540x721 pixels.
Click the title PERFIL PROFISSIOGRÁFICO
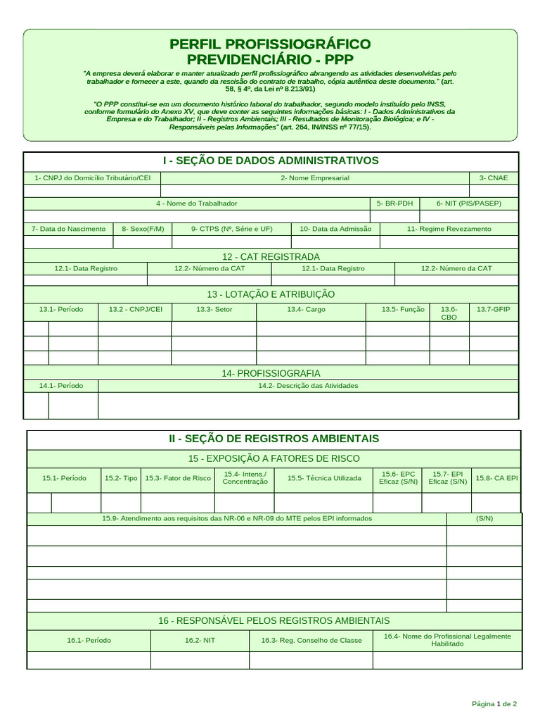coord(270,44)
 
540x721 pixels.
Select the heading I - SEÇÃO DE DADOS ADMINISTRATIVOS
coord(270,161)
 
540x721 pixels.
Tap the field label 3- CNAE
coord(493,178)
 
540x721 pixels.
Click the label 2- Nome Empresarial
coord(314,178)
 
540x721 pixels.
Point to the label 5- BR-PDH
coord(394,203)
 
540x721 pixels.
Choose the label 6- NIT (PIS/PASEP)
coord(468,203)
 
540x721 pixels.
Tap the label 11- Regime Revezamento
coord(449,229)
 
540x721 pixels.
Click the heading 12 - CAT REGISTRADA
coord(270,256)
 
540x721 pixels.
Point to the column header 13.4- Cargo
coord(306,309)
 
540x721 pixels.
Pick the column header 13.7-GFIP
coord(493,309)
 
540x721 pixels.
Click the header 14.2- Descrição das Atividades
coord(308,386)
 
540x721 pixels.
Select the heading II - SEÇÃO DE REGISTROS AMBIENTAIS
coord(274,438)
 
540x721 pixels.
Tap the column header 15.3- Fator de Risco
coord(178,478)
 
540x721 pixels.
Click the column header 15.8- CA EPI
coord(496,478)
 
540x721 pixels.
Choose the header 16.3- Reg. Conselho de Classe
coord(311,640)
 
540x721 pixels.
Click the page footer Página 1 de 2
coord(494,703)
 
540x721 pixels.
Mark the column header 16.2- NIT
coord(200,640)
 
